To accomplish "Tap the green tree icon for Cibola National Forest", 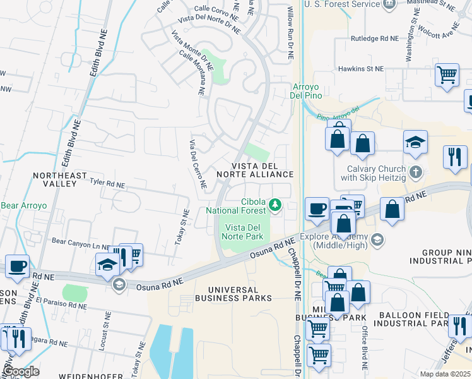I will [x=274, y=204].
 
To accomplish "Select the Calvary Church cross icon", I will [x=415, y=172].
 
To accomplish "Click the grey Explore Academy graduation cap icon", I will [x=377, y=239].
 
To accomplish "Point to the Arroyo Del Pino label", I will [x=307, y=91].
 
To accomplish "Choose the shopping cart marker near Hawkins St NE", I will [x=447, y=75].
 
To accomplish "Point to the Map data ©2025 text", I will [x=445, y=374].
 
